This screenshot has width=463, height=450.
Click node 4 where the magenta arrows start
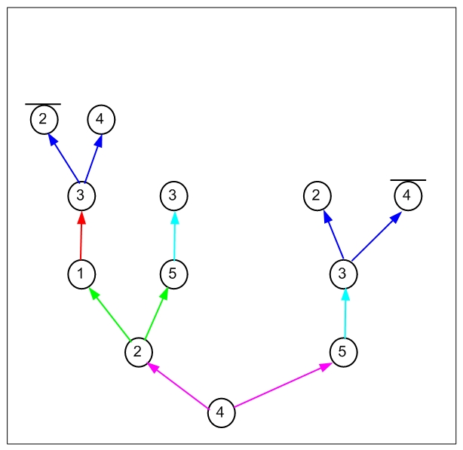[x=222, y=412]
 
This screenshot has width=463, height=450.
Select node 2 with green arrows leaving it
[x=139, y=352]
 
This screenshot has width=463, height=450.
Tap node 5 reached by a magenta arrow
[x=343, y=352]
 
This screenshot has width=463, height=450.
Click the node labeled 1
[x=81, y=274]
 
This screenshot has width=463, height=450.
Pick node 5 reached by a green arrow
[x=174, y=274]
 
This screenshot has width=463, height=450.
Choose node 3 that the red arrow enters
[x=81, y=196]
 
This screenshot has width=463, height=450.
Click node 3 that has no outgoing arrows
[x=174, y=196]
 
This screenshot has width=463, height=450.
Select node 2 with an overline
[x=44, y=120]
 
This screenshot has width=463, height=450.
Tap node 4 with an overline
[x=408, y=196]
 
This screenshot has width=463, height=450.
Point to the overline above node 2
[x=43, y=104]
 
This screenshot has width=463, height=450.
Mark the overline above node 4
[x=408, y=180]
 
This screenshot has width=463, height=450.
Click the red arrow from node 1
[x=81, y=235]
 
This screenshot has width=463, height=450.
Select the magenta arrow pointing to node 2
[x=178, y=386]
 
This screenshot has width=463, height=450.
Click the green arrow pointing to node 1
[x=109, y=314]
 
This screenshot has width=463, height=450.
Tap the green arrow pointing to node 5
[x=157, y=314]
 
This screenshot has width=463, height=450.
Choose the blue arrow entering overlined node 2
[x=63, y=158]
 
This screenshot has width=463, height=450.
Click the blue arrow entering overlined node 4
[x=377, y=236]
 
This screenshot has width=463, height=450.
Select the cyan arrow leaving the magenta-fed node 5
[x=345, y=314]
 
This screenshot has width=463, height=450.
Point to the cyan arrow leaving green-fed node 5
[x=174, y=235]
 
